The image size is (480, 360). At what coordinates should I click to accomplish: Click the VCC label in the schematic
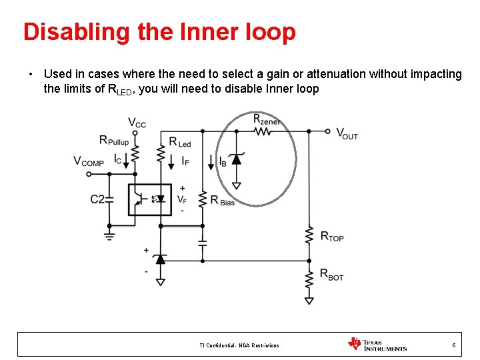[137, 123]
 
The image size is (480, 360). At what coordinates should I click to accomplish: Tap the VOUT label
[347, 133]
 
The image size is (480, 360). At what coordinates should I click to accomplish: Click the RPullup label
[114, 140]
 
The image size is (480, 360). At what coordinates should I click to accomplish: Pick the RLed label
[180, 142]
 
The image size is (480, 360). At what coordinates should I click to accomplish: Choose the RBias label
[222, 200]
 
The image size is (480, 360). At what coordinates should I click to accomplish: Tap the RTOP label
[332, 236]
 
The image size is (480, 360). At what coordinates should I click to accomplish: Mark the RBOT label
[332, 274]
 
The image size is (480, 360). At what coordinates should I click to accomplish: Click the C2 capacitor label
[97, 199]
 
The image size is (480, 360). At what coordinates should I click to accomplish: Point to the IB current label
[223, 161]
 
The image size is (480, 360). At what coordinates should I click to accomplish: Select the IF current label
[186, 161]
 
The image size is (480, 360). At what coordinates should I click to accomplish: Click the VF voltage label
[181, 199]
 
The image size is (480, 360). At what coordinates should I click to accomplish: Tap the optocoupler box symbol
[149, 199]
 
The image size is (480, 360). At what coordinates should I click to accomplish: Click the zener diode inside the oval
[236, 159]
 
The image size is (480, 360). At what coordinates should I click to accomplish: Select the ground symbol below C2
[110, 233]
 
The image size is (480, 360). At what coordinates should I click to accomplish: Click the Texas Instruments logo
[377, 345]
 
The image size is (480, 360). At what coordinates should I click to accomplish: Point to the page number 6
[454, 345]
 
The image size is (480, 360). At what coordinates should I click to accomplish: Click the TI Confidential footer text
[239, 345]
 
